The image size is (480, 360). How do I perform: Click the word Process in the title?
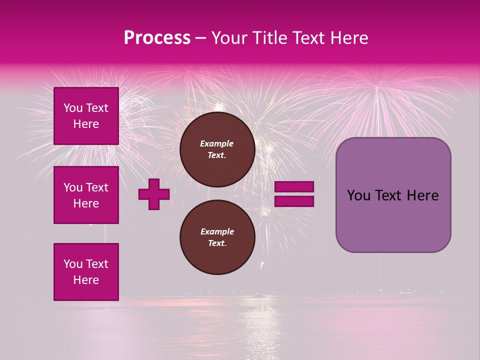coord(157,38)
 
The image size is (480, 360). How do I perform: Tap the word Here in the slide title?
coord(348,38)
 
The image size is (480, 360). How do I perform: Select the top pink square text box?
coord(86,116)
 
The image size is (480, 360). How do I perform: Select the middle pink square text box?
coord(86,195)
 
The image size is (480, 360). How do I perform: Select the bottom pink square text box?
coord(86,272)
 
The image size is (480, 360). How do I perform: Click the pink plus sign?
coord(154,194)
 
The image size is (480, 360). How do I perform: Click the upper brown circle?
coord(217,149)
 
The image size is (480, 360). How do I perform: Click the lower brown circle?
coord(217,237)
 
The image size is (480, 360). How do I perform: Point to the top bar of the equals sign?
coord(294,187)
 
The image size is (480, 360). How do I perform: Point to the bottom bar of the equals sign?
coord(294,201)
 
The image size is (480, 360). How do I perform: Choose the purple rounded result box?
coord(393,195)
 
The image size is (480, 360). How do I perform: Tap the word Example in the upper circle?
coord(216,143)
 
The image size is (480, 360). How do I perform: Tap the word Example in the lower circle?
coord(217,231)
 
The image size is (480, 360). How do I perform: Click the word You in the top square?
coord(72,108)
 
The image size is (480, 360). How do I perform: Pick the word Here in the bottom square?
coord(86,280)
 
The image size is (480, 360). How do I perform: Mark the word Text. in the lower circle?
coord(217,243)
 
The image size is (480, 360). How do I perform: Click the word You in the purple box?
coord(358,195)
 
